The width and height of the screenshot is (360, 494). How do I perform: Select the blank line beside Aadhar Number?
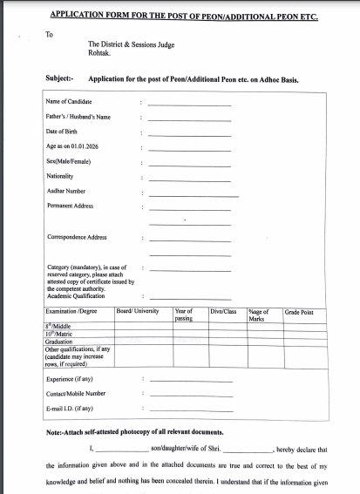193,193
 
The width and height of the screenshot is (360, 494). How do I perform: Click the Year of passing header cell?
184,315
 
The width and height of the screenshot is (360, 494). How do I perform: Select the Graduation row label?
60,341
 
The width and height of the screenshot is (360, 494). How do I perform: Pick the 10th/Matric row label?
60,333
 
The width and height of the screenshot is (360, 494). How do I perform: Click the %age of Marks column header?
259,315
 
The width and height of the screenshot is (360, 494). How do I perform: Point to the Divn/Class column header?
223,311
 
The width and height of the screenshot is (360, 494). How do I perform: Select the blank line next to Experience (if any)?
189,381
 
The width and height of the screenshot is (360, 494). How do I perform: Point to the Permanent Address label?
70,206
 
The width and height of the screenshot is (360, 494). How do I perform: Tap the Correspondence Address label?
77,237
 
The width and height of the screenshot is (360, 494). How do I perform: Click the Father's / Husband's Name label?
79,116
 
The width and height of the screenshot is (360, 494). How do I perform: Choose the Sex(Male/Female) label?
68,161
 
